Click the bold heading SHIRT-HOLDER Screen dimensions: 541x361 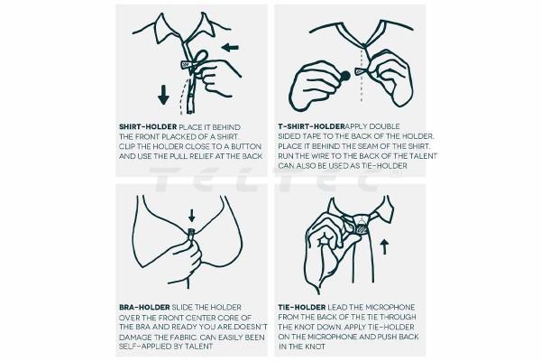[148, 127]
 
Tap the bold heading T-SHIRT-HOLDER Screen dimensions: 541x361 [312, 126]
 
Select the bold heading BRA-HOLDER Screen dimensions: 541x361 [144, 307]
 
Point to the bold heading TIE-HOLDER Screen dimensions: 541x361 [302, 307]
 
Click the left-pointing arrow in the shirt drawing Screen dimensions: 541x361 [231, 47]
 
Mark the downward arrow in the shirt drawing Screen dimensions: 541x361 [163, 95]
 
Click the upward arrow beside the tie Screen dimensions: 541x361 [384, 247]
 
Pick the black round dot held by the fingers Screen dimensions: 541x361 [345, 76]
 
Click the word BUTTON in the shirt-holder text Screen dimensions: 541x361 [246, 146]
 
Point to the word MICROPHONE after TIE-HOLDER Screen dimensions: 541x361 [390, 307]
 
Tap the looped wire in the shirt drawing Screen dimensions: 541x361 [200, 58]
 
